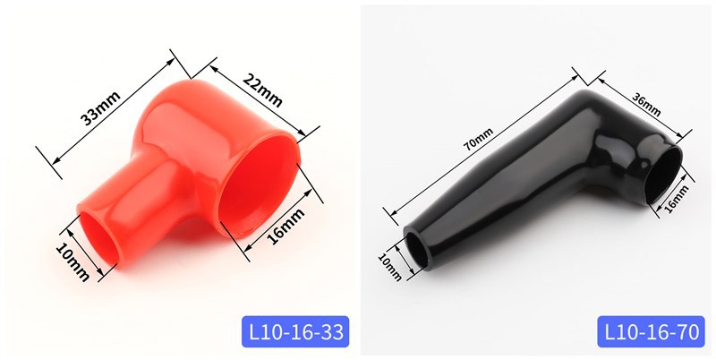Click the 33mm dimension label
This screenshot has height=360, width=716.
click(100, 107)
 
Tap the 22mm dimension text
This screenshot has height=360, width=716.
click(262, 90)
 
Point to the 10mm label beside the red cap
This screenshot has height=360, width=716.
click(72, 261)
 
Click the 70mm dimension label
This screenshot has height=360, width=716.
click(479, 139)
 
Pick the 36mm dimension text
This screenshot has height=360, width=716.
click(646, 104)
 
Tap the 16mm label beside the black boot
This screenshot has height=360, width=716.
click(677, 199)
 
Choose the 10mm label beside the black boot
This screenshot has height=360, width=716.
click(390, 267)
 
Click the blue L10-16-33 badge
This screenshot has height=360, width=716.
click(295, 331)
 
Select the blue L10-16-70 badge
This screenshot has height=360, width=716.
click(652, 331)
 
